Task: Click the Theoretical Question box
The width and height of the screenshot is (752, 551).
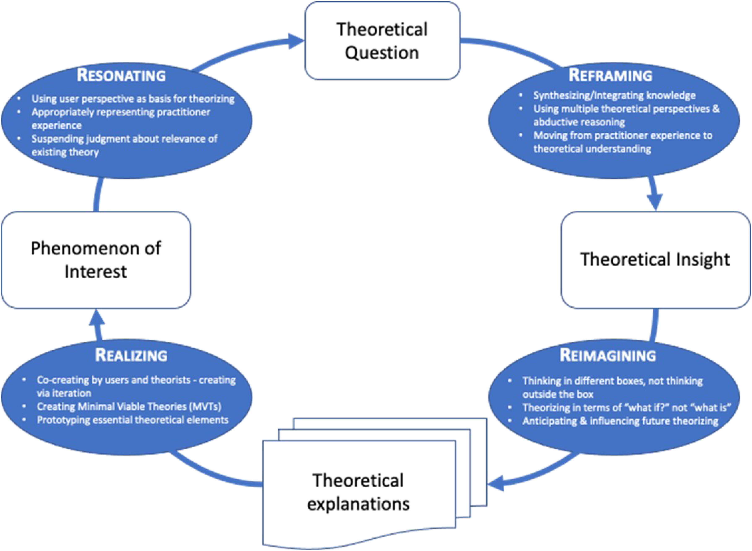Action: tap(382, 41)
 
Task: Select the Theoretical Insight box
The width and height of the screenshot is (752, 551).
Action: tap(656, 260)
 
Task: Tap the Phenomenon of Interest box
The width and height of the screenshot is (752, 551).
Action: tap(96, 260)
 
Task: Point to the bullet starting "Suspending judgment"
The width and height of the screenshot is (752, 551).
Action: tap(124, 145)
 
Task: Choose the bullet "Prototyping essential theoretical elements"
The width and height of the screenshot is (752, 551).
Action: tap(132, 420)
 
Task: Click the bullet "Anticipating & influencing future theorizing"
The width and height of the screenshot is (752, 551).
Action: tap(620, 421)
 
